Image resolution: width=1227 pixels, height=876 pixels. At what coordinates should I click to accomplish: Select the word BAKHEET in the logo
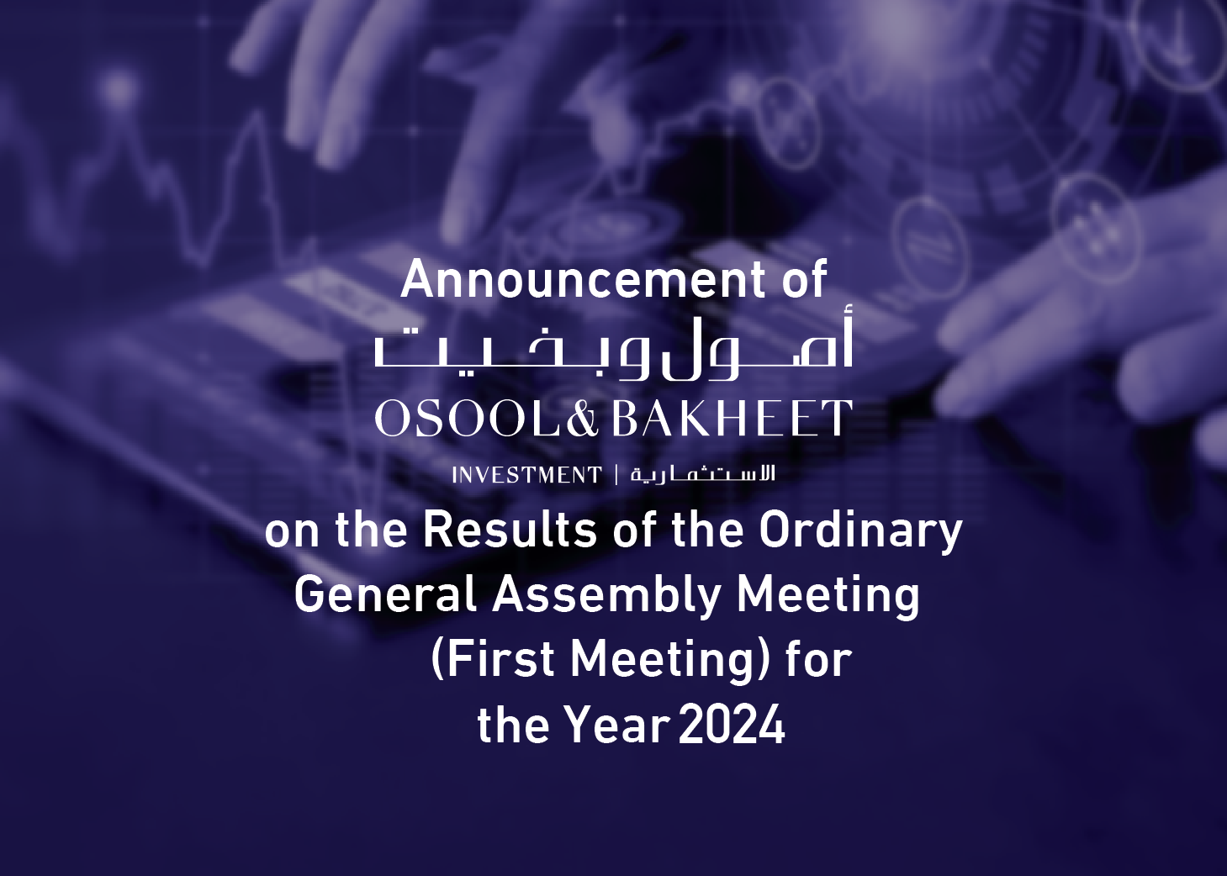tap(732, 418)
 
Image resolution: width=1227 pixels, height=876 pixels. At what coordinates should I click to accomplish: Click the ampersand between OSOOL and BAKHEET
tap(583, 418)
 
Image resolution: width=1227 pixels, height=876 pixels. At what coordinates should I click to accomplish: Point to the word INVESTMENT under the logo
tap(527, 475)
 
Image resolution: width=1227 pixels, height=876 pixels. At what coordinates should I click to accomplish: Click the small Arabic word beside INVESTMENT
tap(703, 473)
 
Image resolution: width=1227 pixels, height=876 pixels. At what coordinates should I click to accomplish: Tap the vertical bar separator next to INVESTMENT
tap(616, 475)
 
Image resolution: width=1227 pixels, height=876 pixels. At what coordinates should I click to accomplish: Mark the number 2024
tap(732, 725)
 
